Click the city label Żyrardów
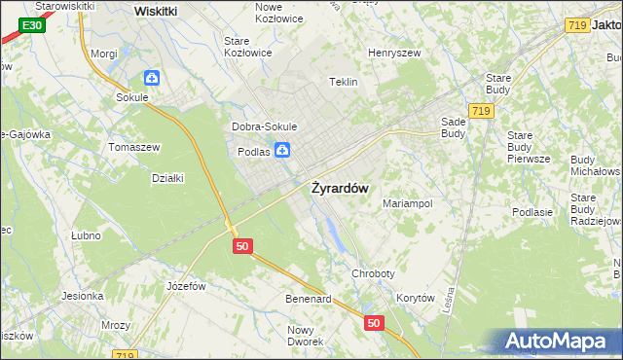339,188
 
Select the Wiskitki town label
155,10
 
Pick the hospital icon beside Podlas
281,150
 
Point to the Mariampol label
407,204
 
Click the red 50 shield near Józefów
243,247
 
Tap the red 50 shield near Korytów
375,322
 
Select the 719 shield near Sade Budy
479,112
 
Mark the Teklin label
345,83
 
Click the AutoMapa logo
559,341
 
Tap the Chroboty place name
374,274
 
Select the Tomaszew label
134,147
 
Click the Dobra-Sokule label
264,126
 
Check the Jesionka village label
83,296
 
